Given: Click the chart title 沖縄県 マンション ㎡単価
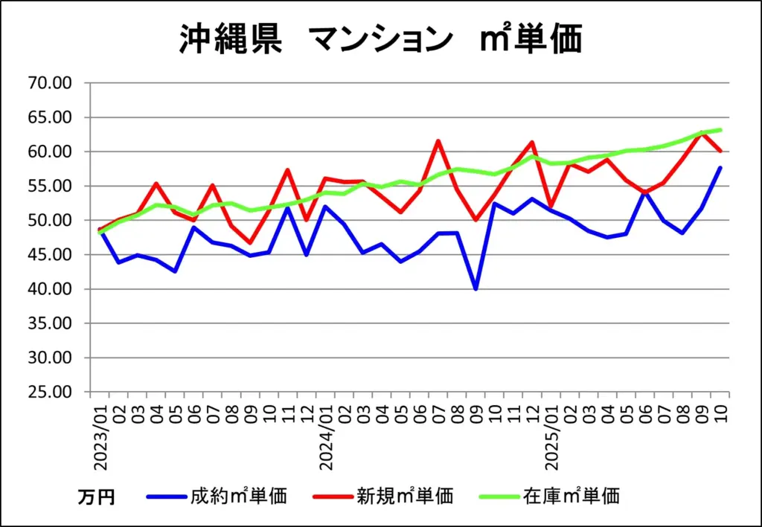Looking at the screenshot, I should click(380, 39).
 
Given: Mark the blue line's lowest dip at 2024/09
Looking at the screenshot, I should click(476, 289).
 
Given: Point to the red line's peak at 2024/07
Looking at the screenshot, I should click(438, 141).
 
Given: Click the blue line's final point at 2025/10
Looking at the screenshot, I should click(720, 167).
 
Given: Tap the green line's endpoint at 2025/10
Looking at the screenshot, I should click(720, 130).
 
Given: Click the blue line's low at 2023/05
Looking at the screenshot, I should click(176, 271).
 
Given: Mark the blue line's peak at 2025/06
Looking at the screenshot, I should click(644, 193).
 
